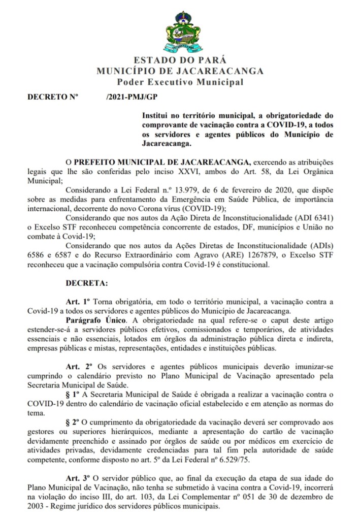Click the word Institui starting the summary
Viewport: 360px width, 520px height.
point(156,116)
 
